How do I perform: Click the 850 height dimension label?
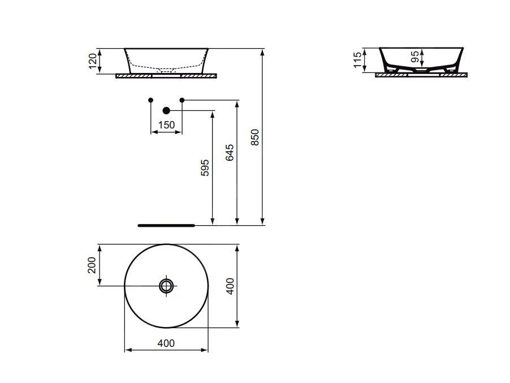pos(255,137)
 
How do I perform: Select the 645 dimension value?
pos(230,152)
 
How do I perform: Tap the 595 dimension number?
pos(205,167)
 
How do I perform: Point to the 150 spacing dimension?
pos(166,125)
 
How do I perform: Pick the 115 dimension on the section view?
pos(357,60)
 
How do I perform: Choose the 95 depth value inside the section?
pos(415,57)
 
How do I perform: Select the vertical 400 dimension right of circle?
pos(230,286)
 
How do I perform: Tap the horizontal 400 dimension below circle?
pos(166,343)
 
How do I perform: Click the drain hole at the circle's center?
pos(166,286)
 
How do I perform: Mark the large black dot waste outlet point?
pos(166,110)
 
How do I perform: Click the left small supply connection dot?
pos(150,100)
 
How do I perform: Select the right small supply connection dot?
pos(182,100)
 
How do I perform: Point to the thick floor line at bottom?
pos(166,225)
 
